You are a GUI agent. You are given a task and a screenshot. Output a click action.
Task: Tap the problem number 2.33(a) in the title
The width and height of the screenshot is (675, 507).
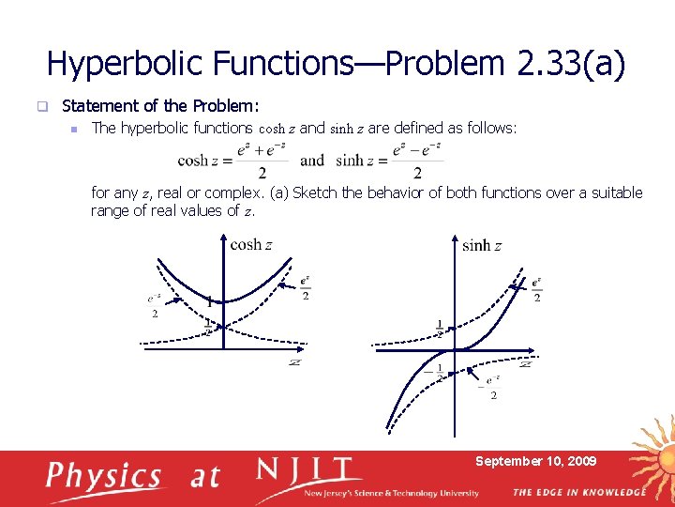pos(570,63)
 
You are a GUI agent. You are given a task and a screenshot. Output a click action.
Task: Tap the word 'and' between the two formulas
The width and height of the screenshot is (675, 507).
pos(312,161)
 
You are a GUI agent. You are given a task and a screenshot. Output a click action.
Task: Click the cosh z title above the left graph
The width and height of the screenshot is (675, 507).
pos(251,244)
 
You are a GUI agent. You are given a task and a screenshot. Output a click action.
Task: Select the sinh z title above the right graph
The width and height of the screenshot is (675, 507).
pos(482,245)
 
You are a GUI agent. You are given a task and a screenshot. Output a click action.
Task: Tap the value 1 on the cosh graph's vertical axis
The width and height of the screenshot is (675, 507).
pos(209,301)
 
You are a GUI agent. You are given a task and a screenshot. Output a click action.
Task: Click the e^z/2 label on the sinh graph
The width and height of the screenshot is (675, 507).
pos(536,289)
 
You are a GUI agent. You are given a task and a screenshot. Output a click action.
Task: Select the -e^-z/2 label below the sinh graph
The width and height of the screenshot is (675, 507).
pos(490,386)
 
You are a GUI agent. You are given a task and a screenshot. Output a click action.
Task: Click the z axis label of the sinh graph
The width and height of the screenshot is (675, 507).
pos(525,363)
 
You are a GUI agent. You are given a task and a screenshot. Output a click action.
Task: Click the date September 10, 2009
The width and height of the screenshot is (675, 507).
pos(535,461)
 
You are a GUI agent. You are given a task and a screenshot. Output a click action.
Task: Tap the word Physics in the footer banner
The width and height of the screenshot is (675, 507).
pos(104,476)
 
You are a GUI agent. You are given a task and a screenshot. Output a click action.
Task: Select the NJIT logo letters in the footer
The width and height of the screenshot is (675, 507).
pos(308,470)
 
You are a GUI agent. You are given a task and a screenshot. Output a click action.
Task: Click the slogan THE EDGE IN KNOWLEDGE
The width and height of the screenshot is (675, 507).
pos(578,492)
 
